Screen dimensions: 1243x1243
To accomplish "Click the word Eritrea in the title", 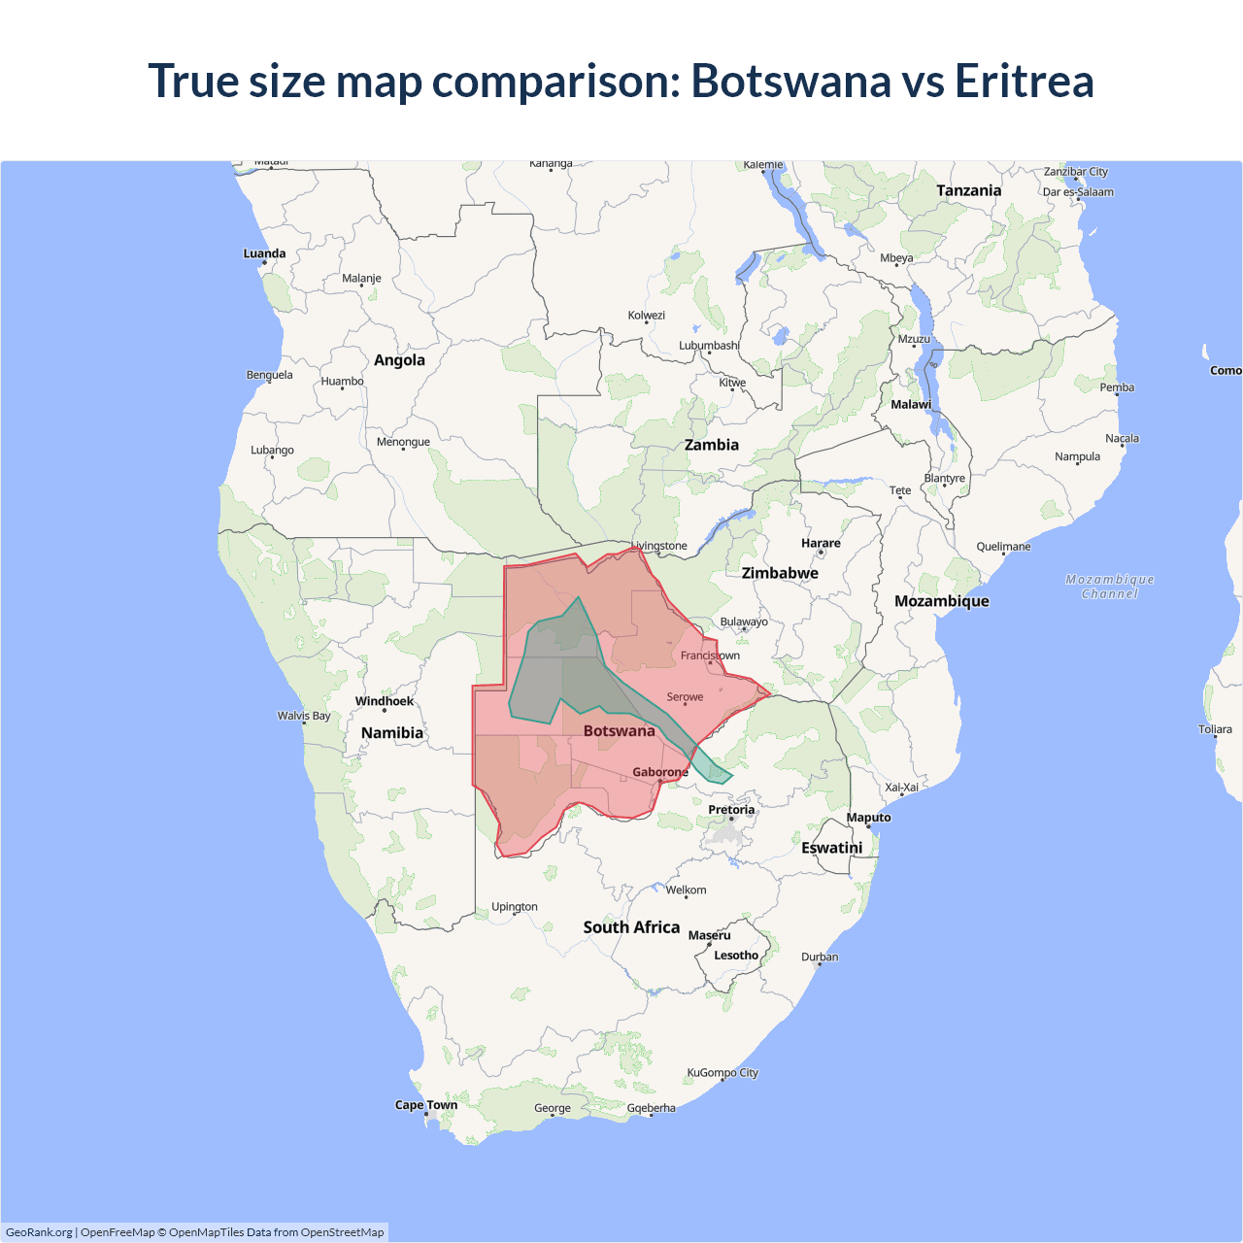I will pos(1024,81).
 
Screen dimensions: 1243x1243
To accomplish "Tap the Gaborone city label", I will pos(660,772).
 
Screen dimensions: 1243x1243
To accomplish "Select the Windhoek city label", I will pos(384,701).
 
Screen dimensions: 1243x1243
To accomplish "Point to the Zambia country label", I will pos(712,445).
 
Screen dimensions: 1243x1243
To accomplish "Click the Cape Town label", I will pos(425,1105).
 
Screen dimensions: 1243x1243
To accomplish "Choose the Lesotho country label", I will pos(736,956).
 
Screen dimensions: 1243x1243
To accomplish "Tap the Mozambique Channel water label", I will pos(1110,587).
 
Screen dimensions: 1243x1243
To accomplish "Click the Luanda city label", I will pos(264,253).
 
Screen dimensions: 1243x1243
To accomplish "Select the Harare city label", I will pos(821,544).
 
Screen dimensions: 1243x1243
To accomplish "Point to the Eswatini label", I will pos(832,848).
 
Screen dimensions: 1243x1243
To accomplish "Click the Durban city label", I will pos(820,957).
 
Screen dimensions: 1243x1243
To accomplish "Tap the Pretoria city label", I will pos(731,810).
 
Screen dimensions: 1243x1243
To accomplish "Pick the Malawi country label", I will pos(911,404).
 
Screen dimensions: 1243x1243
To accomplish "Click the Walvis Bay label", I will pos(304,716).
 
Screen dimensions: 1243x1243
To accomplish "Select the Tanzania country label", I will pos(968,190).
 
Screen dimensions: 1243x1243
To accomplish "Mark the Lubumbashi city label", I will pos(709,346).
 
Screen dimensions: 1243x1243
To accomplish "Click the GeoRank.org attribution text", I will pos(39,1232).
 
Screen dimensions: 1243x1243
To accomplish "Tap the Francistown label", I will pos(710,655).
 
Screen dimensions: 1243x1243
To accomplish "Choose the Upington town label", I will pos(515,907).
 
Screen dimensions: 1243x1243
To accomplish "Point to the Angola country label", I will pos(399,360).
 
